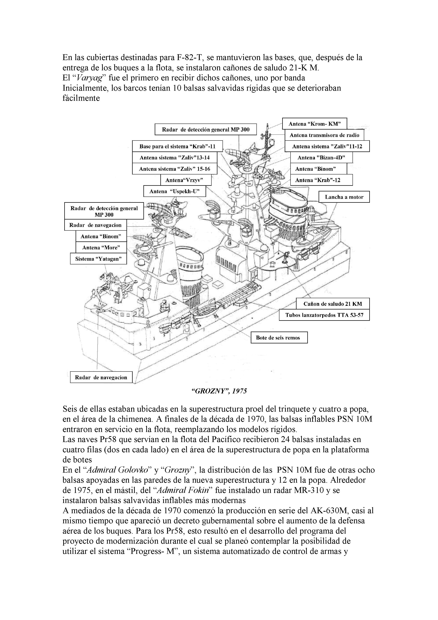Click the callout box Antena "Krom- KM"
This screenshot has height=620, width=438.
click(314, 124)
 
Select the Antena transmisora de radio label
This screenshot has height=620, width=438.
click(324, 135)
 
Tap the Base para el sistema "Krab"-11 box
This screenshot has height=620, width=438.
click(177, 146)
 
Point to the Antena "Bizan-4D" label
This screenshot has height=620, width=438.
click(321, 157)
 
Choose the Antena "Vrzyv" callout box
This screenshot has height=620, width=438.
click(186, 180)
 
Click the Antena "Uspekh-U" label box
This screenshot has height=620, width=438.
click(174, 191)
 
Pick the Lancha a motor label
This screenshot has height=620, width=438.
click(344, 197)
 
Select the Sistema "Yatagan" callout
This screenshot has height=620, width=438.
click(98, 259)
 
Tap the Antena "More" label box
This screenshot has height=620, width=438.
click(101, 247)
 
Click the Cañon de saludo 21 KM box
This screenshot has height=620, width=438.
click(333, 304)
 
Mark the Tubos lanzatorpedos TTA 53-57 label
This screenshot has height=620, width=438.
click(324, 315)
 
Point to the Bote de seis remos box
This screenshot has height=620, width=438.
click(279, 338)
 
